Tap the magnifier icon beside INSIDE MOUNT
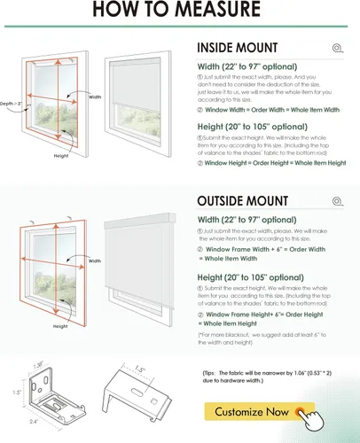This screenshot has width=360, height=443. [336, 49]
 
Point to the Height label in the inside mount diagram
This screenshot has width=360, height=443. [61, 156]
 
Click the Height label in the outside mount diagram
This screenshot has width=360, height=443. [60, 326]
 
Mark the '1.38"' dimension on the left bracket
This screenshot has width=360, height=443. [37, 363]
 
